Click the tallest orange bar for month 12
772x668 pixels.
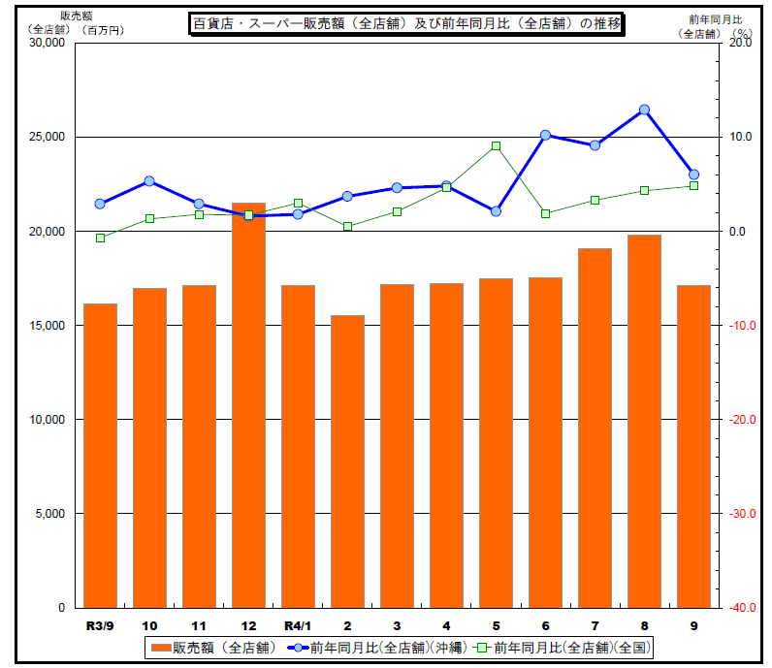click(248, 407)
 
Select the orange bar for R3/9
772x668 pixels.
click(100, 456)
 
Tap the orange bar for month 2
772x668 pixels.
click(347, 461)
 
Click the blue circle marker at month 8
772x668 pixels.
click(644, 110)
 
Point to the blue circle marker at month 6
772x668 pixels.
click(545, 135)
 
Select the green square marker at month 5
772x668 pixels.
click(496, 145)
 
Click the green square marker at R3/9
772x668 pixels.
click(100, 238)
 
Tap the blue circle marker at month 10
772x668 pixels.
click(149, 181)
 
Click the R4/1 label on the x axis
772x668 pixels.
click(297, 625)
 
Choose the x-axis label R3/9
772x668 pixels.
click(100, 625)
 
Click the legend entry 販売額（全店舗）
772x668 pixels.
click(214, 647)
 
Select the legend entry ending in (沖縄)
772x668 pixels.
click(382, 647)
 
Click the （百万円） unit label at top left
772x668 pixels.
click(104, 31)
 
